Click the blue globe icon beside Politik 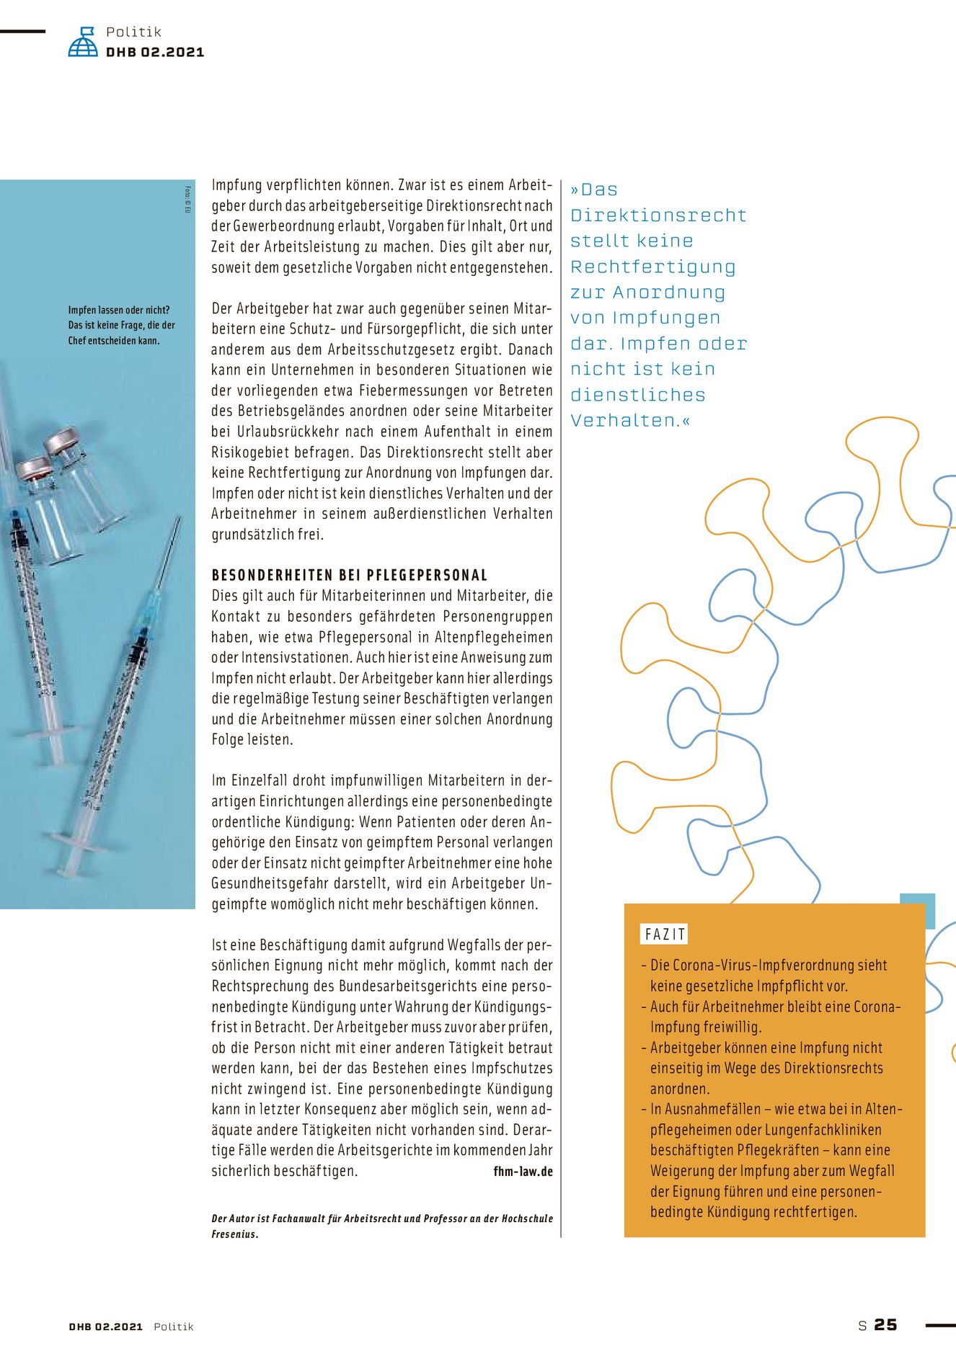click(83, 43)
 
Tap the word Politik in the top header click(133, 32)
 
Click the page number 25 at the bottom click(885, 1325)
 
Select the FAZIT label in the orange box click(665, 935)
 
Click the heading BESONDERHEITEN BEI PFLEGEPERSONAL click(350, 575)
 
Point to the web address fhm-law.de click(523, 1171)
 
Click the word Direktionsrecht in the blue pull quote click(658, 215)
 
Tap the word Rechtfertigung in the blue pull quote click(652, 267)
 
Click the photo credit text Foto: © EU click(187, 200)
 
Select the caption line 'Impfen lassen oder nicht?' click(119, 310)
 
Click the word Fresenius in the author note click(234, 1234)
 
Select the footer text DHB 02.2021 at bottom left click(106, 1327)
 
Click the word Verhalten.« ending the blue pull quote click(630, 421)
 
